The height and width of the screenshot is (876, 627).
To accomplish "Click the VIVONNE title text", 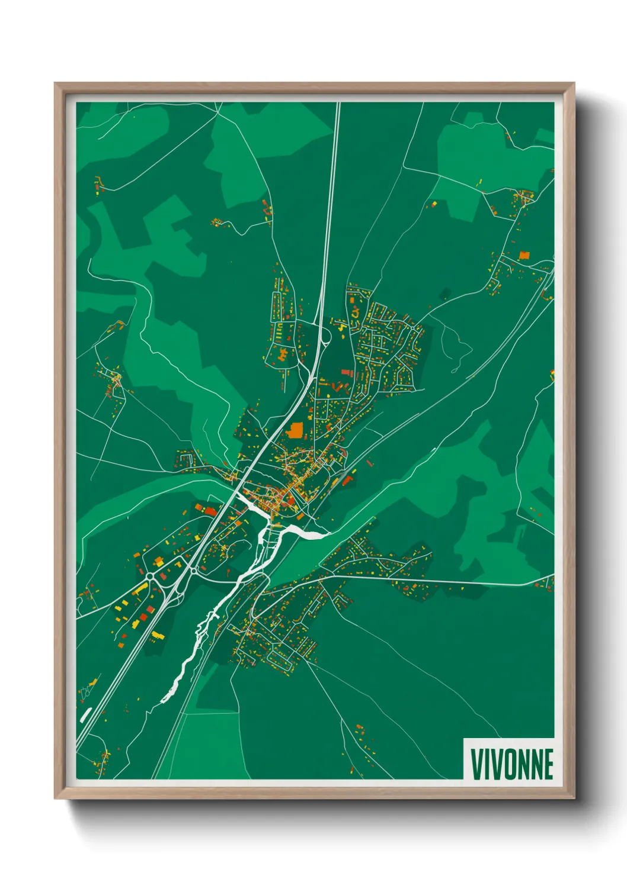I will point(511,764).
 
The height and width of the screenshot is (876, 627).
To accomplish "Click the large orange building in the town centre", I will point(295,429).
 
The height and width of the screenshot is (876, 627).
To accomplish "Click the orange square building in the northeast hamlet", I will point(523,255).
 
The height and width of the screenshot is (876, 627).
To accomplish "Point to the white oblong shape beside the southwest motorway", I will point(85,714).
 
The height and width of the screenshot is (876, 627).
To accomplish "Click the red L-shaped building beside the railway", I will point(348,480).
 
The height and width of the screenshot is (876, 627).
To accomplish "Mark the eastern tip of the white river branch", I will point(328,535).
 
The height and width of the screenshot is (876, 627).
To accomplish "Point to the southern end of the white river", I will point(164,701).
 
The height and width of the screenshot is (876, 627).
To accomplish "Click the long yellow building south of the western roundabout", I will point(140,589).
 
